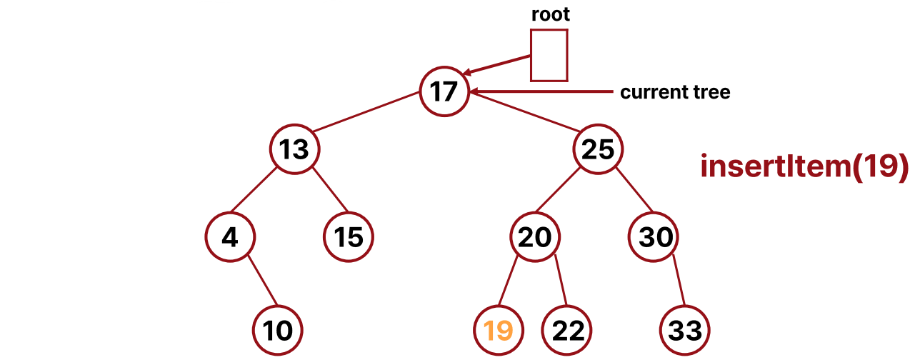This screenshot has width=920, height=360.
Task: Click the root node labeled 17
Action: [444, 91]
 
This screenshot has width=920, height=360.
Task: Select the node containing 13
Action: [294, 150]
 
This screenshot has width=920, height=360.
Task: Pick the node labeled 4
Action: [229, 236]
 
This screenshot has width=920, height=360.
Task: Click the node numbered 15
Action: [349, 236]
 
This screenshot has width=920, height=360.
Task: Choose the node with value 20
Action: [534, 236]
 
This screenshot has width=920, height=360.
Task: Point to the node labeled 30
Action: [654, 236]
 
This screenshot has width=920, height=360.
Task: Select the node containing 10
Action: [278, 330]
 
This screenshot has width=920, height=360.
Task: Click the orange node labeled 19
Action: [498, 330]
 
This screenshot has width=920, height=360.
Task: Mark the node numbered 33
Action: [685, 330]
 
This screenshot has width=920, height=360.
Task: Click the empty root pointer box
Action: [549, 55]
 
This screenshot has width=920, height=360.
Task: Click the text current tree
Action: [675, 93]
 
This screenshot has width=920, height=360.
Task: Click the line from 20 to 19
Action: [510, 283]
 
